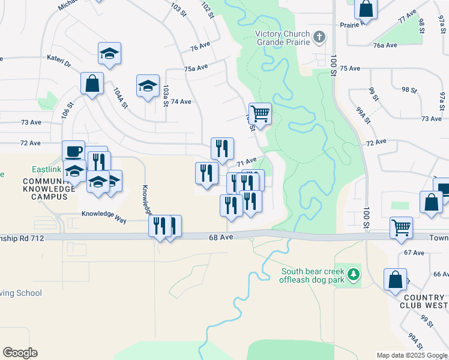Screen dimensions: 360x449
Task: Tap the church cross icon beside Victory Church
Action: tap(320, 37)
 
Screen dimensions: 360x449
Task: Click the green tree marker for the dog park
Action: tap(354, 274)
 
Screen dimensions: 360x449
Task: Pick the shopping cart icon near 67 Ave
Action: tap(401, 227)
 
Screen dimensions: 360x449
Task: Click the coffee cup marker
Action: tap(74, 151)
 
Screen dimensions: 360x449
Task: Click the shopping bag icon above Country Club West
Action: tap(395, 280)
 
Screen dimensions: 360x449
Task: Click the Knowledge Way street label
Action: tap(104, 214)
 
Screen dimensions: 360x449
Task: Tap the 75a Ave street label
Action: tap(196, 68)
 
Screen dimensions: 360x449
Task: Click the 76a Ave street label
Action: tap(385, 45)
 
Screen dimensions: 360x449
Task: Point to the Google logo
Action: tap(20, 353)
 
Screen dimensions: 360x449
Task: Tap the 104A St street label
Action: tap(120, 98)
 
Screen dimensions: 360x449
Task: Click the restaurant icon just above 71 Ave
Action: tap(222, 148)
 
